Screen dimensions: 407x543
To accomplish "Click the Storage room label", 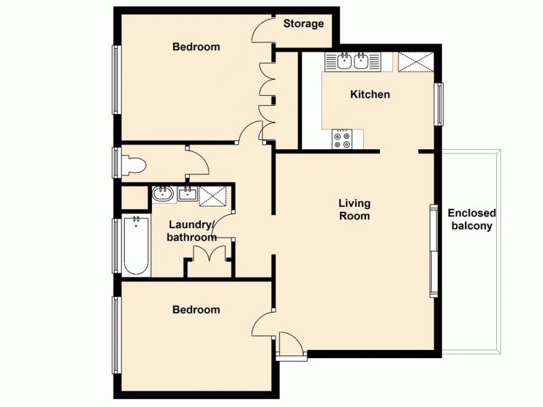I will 303,24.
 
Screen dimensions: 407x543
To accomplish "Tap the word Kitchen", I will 370,94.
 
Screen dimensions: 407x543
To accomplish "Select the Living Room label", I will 355,210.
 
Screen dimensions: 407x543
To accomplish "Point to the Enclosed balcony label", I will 472,219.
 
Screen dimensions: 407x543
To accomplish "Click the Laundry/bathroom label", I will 192,231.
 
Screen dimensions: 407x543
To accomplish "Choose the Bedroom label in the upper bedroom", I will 195,47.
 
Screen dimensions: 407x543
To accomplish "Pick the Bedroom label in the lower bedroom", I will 195,309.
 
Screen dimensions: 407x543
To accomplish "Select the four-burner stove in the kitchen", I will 342,140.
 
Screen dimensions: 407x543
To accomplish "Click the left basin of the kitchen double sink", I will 345,62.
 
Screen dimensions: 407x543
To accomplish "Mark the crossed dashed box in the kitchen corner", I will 415,62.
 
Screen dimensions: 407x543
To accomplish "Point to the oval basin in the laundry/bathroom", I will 163,195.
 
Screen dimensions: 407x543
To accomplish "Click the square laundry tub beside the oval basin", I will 187,195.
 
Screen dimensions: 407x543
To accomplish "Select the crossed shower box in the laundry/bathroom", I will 212,194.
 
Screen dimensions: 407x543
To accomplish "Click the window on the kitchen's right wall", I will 439,104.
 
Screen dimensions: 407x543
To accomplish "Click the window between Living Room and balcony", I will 433,251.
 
